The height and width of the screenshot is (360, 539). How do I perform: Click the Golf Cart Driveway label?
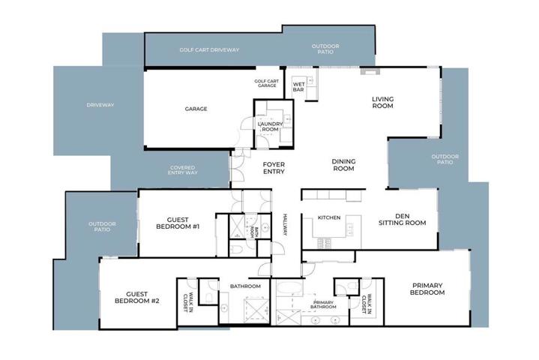[209, 49]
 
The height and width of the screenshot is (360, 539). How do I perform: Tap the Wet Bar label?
[298, 87]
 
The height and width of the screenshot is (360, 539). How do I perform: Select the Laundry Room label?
[270, 127]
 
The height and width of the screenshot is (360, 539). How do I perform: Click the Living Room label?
[382, 103]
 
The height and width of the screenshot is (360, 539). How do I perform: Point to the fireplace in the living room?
[370, 71]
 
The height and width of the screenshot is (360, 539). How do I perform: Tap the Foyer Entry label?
[274, 168]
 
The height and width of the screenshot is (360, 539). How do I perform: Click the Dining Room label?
[343, 165]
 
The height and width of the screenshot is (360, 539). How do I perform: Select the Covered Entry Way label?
[182, 170]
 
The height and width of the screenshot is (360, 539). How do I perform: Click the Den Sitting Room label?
[402, 219]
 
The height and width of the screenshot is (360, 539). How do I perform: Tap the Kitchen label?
[329, 217]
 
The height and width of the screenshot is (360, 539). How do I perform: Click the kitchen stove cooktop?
[324, 244]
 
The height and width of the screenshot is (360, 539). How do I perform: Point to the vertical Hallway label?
[285, 224]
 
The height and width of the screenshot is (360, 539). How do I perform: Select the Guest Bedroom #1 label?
[178, 223]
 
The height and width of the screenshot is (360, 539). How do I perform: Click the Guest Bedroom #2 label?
[137, 298]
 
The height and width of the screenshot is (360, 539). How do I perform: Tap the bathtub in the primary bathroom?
[290, 288]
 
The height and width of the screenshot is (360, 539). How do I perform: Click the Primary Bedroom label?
[427, 289]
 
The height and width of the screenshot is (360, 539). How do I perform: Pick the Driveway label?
[100, 105]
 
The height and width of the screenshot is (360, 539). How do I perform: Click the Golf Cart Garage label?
[267, 83]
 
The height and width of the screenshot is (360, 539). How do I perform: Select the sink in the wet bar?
[310, 81]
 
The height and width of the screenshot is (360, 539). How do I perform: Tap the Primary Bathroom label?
[323, 304]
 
